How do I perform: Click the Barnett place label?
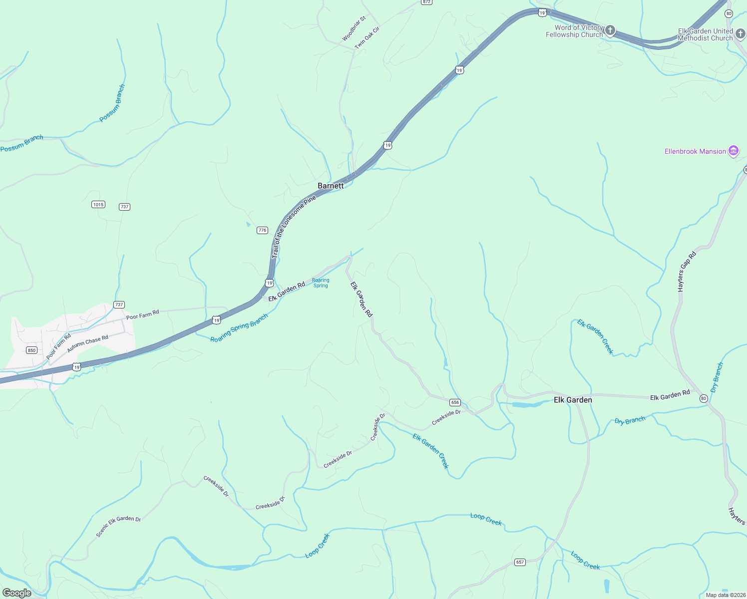point(331,186)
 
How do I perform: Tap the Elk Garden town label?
point(573,400)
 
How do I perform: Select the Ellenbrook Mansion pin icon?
point(733,151)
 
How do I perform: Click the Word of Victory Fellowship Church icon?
point(610,31)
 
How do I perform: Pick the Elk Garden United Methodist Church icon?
point(740,34)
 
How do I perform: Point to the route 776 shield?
point(262,230)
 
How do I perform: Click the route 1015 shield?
point(98,204)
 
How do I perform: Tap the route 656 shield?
point(455,402)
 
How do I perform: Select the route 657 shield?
point(520,562)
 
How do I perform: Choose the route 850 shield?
point(31,350)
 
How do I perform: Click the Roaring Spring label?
point(321,283)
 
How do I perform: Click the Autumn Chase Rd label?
point(87,343)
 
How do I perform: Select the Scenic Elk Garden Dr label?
point(118,526)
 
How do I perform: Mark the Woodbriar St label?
point(354,28)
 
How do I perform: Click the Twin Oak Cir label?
point(367,38)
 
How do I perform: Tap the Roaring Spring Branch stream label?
point(239,328)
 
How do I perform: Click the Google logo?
point(17,593)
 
